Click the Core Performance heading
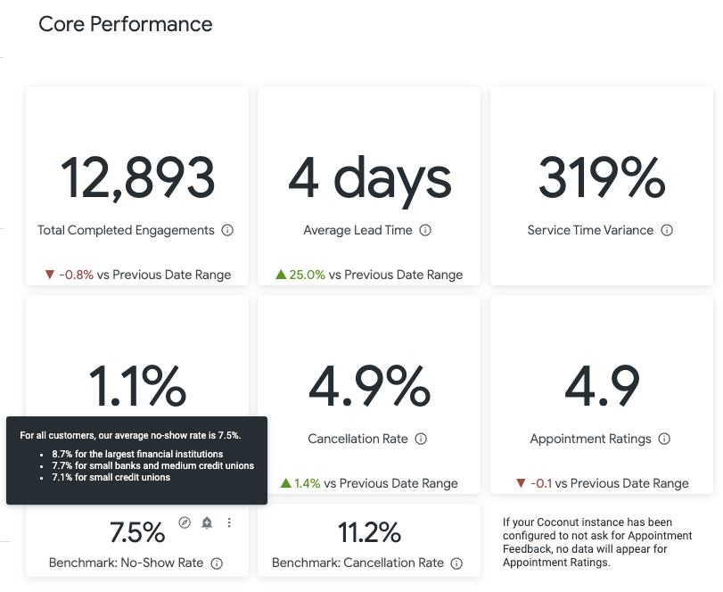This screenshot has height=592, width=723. [126, 24]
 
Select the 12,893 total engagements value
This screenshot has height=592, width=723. [137, 177]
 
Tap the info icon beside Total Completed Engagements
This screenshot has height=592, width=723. [227, 230]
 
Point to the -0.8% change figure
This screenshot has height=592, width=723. [76, 275]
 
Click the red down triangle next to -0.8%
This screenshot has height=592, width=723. [50, 275]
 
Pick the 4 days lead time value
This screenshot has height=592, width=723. [369, 180]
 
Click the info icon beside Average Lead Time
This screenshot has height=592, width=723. [425, 230]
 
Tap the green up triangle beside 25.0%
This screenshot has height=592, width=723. [281, 275]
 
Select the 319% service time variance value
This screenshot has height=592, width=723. [602, 177]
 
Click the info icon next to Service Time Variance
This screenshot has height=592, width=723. [667, 230]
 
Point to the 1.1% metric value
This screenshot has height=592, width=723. [137, 385]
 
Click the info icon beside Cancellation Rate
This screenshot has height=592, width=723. [421, 439]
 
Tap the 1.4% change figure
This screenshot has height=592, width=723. [307, 483]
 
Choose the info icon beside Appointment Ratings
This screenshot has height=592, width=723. [664, 439]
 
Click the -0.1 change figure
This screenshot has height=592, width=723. [541, 483]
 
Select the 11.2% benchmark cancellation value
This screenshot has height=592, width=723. [369, 532]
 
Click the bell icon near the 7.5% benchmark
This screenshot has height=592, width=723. [207, 522]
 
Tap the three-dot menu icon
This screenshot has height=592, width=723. [229, 522]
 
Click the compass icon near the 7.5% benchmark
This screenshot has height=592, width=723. [185, 522]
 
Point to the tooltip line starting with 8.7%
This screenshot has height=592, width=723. [137, 454]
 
